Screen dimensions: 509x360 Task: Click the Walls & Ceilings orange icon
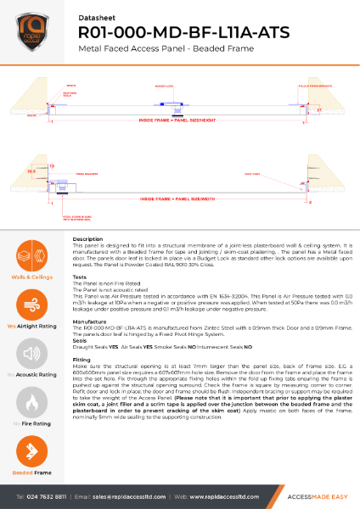[30, 255]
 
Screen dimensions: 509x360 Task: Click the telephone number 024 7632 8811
[46, 495]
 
